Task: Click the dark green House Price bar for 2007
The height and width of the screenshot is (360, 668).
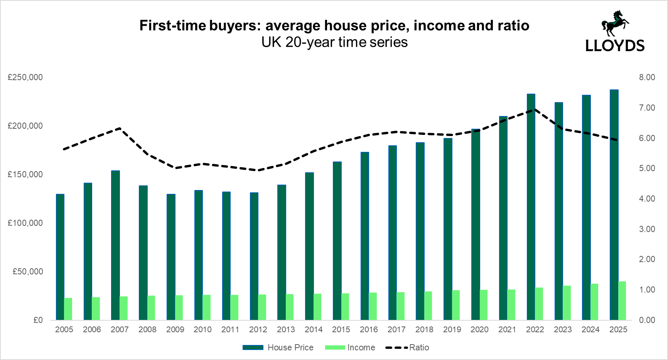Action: click(x=115, y=245)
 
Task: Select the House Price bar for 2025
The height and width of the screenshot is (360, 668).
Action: click(x=614, y=205)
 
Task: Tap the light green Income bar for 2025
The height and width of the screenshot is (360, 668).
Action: click(x=622, y=301)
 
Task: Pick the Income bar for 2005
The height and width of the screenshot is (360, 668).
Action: click(x=68, y=309)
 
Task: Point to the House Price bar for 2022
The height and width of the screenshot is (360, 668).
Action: click(x=531, y=207)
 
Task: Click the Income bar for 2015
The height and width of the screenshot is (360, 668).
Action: click(x=345, y=306)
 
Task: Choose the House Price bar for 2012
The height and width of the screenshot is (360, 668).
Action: click(x=254, y=256)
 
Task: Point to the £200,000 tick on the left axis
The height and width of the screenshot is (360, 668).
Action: click(x=25, y=126)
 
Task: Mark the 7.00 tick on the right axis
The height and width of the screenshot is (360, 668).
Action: click(x=647, y=108)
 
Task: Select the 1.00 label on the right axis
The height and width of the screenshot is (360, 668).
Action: click(x=647, y=290)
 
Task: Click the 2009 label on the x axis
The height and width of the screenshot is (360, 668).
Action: click(x=175, y=330)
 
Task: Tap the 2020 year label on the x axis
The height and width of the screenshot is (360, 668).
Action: click(x=479, y=330)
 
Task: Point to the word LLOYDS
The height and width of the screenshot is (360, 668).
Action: click(x=615, y=46)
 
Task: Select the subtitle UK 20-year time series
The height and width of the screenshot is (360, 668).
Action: click(x=334, y=42)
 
